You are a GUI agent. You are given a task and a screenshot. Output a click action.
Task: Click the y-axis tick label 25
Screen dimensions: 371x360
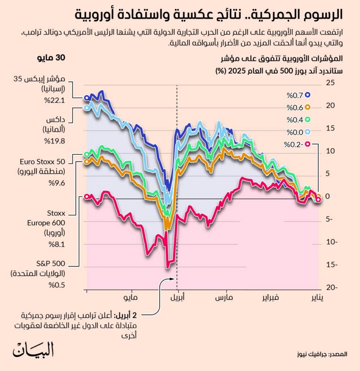pyautogui.click(x=330, y=83)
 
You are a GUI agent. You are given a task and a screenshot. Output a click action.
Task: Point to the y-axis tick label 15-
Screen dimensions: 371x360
pyautogui.click(x=332, y=265)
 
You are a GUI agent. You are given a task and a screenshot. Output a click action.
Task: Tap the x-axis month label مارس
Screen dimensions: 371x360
pyautogui.click(x=224, y=298)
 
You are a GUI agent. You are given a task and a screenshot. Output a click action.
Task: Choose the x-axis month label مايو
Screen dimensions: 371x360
pyautogui.click(x=131, y=298)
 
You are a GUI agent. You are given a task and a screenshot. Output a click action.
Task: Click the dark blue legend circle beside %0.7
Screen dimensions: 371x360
pyautogui.click(x=307, y=95)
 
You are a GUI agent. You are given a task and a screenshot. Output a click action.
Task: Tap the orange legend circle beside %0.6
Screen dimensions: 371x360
pyautogui.click(x=307, y=107)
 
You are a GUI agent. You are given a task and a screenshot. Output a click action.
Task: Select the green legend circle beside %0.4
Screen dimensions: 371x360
pyautogui.click(x=307, y=119)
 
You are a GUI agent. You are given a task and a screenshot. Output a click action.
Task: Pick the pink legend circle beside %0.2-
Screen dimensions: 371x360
pyautogui.click(x=307, y=144)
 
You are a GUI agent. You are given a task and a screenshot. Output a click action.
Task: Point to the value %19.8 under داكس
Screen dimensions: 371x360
pyautogui.click(x=55, y=141)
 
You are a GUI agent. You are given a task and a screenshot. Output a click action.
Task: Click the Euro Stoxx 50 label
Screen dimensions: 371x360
pyautogui.click(x=42, y=162)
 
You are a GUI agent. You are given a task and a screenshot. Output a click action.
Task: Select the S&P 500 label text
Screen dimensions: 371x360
pyautogui.click(x=51, y=264)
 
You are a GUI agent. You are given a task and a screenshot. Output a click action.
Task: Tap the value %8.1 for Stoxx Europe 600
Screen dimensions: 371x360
pyautogui.click(x=57, y=244)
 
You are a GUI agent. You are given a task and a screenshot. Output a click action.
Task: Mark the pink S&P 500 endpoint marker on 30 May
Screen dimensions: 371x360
pyautogui.click(x=87, y=197)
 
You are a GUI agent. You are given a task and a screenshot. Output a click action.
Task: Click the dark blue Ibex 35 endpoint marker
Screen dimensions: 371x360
pyautogui.click(x=87, y=98)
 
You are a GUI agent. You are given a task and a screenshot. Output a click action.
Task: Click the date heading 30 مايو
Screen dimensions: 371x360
pyautogui.click(x=51, y=58)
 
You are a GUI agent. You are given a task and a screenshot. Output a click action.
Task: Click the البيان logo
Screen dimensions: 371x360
pyautogui.click(x=33, y=350)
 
